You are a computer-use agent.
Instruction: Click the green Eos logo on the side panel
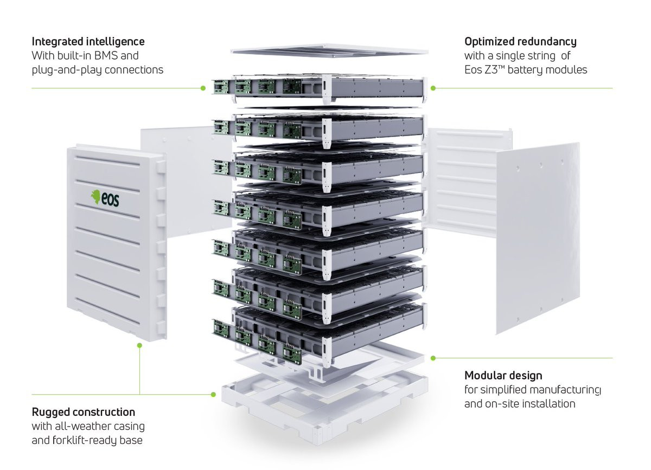click(105, 198)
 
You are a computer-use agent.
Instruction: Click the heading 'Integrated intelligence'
click(88, 42)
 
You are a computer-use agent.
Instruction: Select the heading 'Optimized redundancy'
click(520, 42)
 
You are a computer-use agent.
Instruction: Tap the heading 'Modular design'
click(503, 376)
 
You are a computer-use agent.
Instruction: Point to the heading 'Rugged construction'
click(84, 412)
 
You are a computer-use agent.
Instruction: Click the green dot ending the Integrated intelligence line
click(203, 88)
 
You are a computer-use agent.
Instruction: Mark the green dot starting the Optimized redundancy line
click(433, 88)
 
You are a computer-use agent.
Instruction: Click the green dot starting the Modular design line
click(433, 358)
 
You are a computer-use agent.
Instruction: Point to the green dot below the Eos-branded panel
click(139, 345)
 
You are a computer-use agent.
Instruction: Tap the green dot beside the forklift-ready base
click(213, 395)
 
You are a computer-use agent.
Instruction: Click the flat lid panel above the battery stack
click(329, 51)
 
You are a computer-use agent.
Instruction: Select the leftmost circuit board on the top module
click(221, 87)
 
